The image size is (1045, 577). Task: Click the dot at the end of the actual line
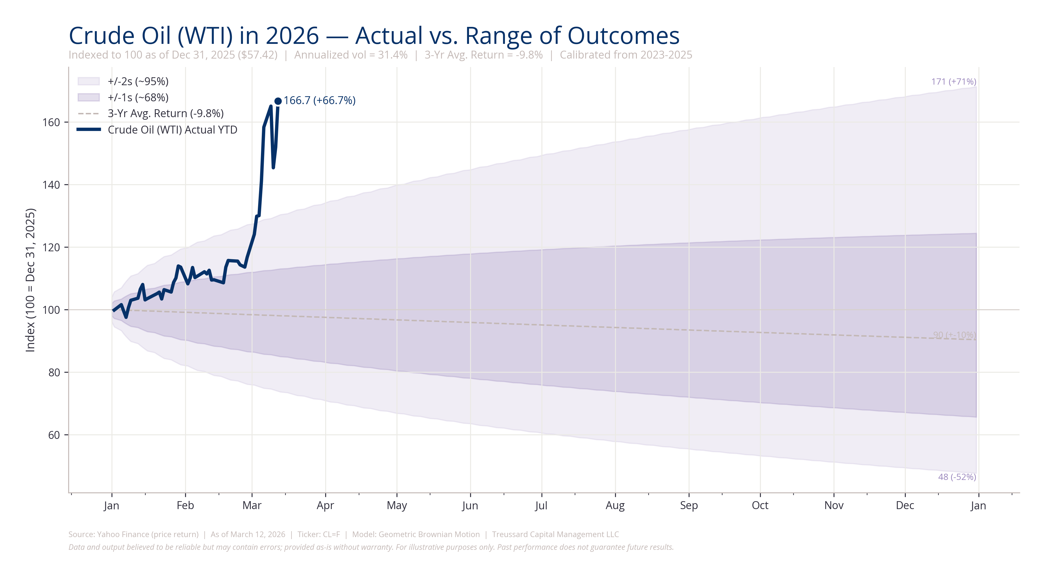(278, 101)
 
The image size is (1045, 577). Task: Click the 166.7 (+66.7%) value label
(319, 100)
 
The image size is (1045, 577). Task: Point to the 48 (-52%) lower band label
(957, 477)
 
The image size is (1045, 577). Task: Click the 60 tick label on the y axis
(54, 435)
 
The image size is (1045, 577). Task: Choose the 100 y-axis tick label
(51, 310)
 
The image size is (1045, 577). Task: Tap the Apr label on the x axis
(325, 506)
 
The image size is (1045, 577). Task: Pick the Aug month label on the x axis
(615, 506)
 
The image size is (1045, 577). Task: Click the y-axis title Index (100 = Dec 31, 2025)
(30, 280)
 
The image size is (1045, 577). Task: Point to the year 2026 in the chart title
(292, 36)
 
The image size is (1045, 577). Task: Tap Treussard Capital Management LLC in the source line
(555, 535)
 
